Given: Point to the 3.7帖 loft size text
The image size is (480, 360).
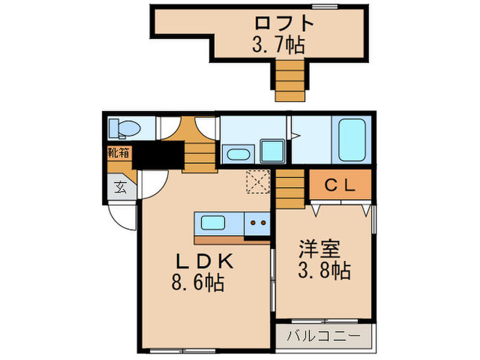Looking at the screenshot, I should tap(278, 46).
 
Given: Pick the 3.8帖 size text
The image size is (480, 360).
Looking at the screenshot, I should tap(324, 270).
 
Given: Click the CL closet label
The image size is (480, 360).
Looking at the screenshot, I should tap(339, 184).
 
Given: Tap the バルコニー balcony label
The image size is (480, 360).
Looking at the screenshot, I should tap(323, 337).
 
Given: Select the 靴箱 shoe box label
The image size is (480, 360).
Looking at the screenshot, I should tap(118, 153).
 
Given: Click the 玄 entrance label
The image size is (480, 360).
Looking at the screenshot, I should tap(119, 187).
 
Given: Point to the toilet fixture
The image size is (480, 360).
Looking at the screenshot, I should tap(125, 128).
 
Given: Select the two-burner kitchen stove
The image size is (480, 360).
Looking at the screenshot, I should tap(259, 222).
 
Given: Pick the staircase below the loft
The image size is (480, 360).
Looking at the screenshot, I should tap(289, 80).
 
